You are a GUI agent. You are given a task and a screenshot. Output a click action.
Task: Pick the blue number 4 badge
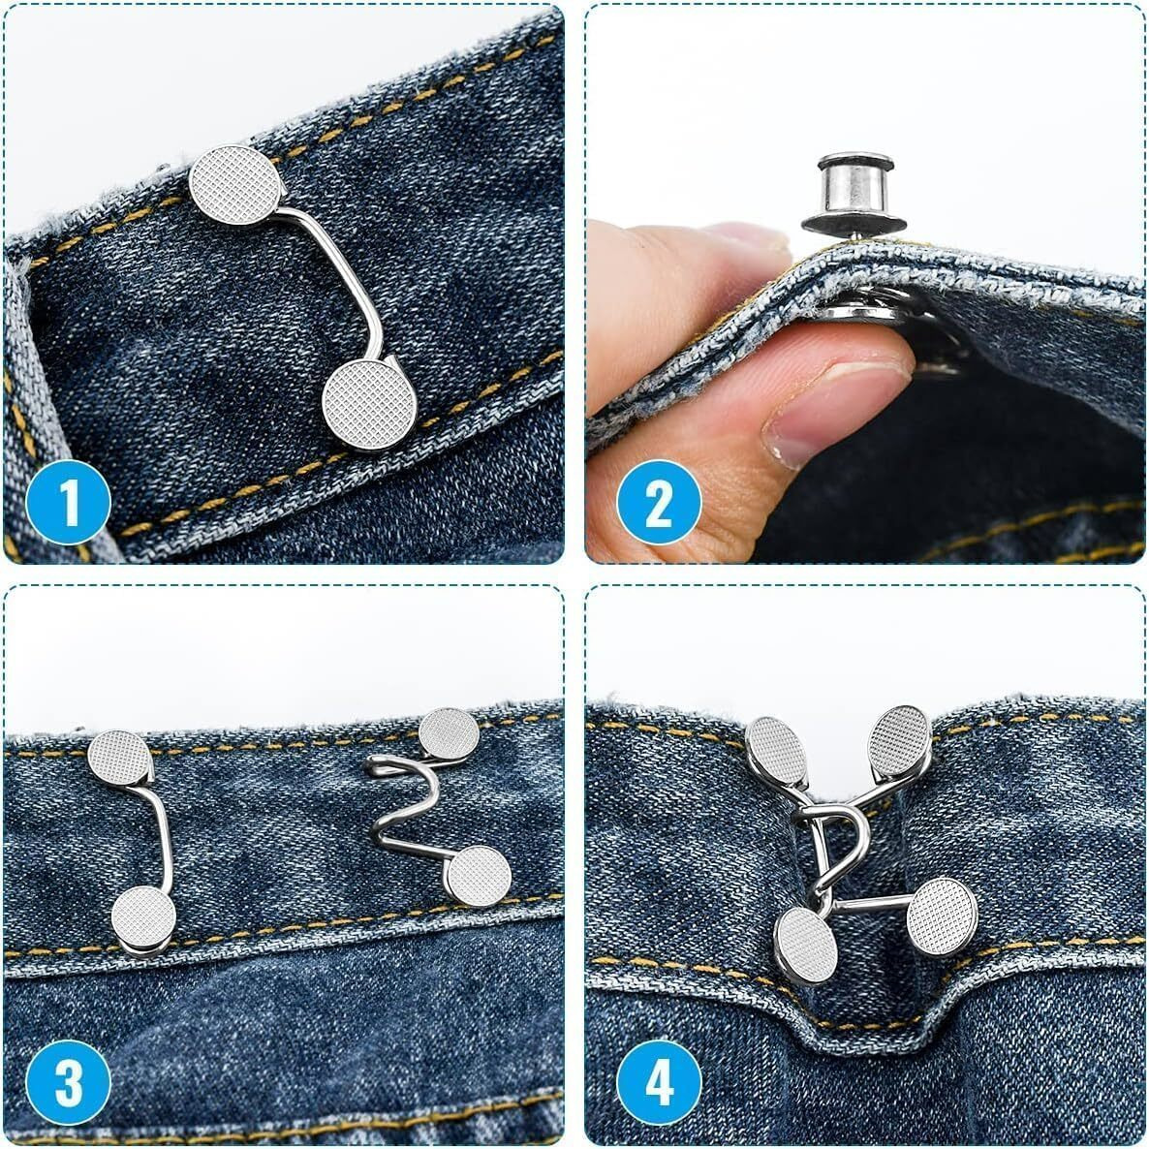[659, 1084]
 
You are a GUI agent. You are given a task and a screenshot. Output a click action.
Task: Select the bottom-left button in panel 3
[144, 920]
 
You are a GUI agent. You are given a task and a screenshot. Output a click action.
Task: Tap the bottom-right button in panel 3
[480, 875]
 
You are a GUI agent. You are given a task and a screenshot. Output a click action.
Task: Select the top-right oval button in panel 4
[899, 739]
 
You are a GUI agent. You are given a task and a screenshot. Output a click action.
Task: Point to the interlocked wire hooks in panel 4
[833, 843]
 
